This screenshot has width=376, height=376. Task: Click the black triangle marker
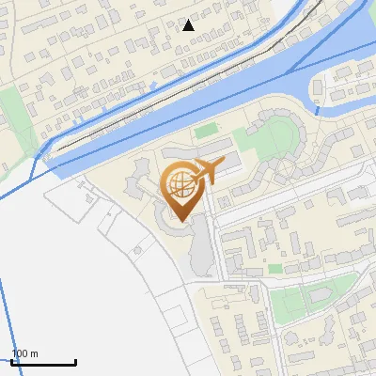point(189,24)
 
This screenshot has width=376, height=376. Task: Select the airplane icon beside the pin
point(208,171)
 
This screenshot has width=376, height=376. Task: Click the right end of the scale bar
point(75,363)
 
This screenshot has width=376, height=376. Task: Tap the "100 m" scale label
point(24,353)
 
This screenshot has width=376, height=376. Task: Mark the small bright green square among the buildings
point(275,269)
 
